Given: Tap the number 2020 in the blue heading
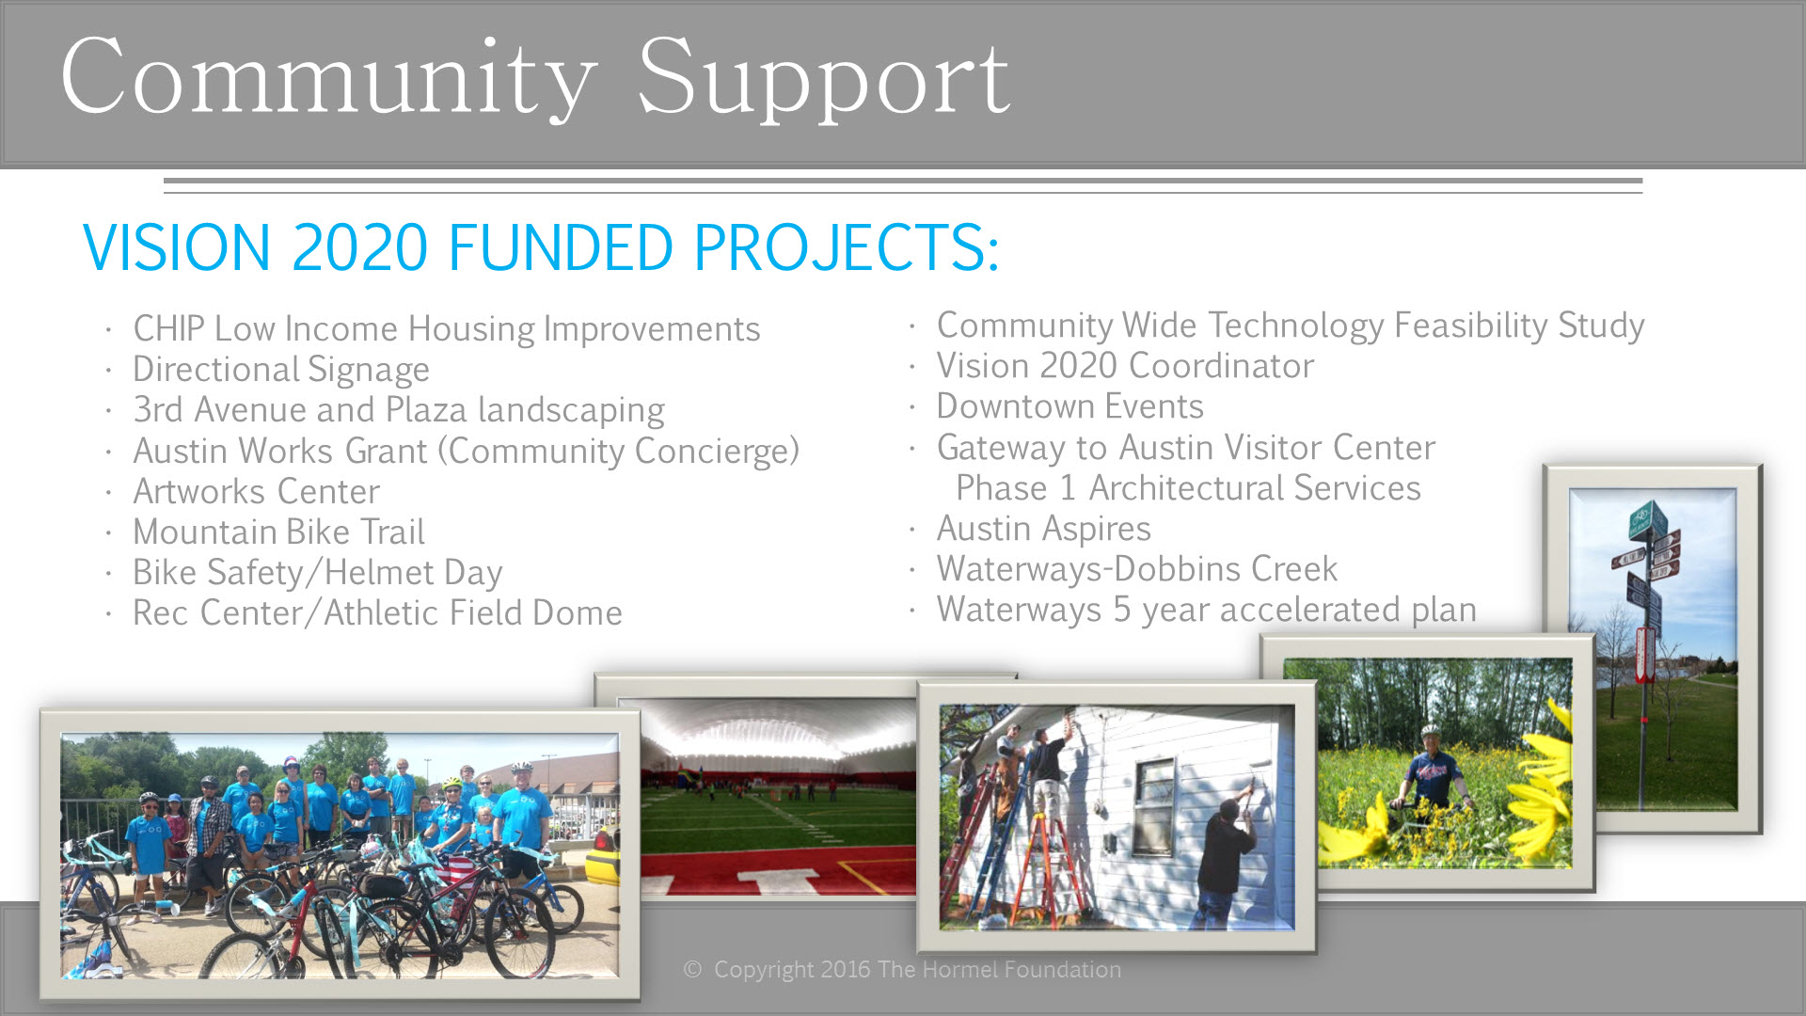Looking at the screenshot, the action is pyautogui.click(x=359, y=247).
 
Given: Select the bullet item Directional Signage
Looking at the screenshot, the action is pyautogui.click(x=280, y=370).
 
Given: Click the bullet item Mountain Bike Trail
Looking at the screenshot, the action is pyautogui.click(x=278, y=532).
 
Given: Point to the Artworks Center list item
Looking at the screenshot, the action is pyautogui.click(x=256, y=491).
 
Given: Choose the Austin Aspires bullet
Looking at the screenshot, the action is pyautogui.click(x=1043, y=529).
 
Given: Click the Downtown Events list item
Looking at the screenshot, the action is pyautogui.click(x=1069, y=406).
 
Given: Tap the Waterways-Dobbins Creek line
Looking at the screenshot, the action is pyautogui.click(x=1136, y=569).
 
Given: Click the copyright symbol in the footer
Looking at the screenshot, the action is pyautogui.click(x=692, y=970).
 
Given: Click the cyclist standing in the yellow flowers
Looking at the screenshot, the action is pyautogui.click(x=1432, y=771).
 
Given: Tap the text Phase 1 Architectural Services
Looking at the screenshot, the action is pyautogui.click(x=1188, y=488).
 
